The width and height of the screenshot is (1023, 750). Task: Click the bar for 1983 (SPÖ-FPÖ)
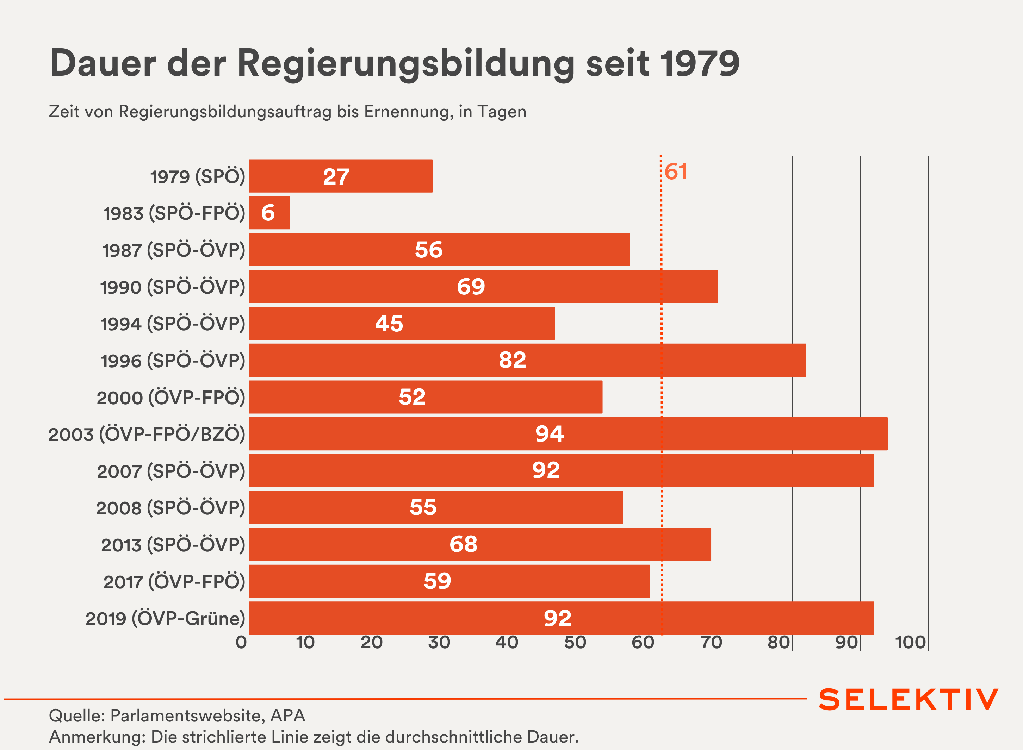269,213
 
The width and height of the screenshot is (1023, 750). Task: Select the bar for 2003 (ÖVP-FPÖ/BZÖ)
568,434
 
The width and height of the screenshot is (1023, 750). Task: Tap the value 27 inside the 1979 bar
336,177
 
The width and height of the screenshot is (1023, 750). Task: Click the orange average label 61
676,172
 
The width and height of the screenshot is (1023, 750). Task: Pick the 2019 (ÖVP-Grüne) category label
165,618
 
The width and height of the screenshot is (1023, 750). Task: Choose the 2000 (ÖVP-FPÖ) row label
171,398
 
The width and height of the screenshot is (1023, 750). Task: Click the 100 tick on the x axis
910,642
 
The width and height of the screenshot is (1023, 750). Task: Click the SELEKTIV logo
909,700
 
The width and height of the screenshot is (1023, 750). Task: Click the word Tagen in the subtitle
502,112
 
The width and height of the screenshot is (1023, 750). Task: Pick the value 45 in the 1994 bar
389,324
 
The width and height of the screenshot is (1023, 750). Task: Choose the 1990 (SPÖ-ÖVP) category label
173,287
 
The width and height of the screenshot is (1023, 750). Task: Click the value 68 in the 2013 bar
463,544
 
